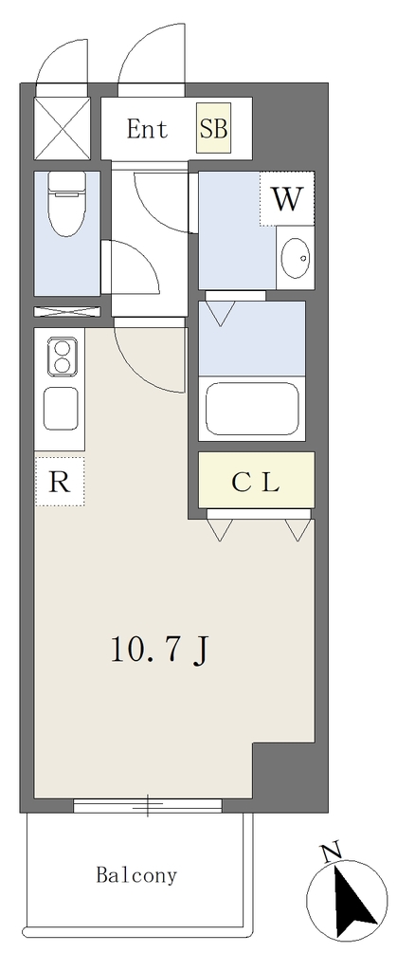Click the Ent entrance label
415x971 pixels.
147,129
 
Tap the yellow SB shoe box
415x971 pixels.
213,129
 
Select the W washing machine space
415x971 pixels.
287,199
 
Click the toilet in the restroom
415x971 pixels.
65,204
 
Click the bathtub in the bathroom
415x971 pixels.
252,409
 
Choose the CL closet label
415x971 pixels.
256,481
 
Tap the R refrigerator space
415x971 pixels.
60,481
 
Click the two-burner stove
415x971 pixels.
62,357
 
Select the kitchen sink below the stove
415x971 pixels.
62,408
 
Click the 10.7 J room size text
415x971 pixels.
158,649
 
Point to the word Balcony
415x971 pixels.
136,875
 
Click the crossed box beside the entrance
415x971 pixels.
62,127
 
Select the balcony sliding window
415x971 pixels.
148,804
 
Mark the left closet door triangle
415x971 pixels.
220,530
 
